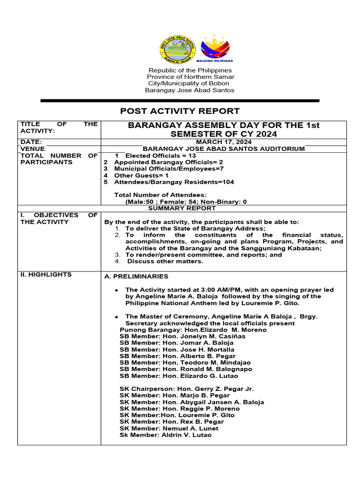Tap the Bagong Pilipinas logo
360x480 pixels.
(216, 48)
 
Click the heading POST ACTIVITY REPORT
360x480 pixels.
(180, 111)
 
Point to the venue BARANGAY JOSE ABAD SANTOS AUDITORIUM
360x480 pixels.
(224, 149)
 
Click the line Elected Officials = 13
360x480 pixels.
(155, 156)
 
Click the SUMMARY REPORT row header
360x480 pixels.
(182, 208)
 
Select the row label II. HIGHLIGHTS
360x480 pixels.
(45, 275)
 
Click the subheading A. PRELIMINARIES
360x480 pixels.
(136, 277)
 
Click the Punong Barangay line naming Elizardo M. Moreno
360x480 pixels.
(193, 330)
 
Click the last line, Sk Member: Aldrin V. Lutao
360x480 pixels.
(165, 435)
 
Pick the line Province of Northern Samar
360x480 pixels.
(190, 76)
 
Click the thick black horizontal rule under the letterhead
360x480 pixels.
(180, 100)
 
